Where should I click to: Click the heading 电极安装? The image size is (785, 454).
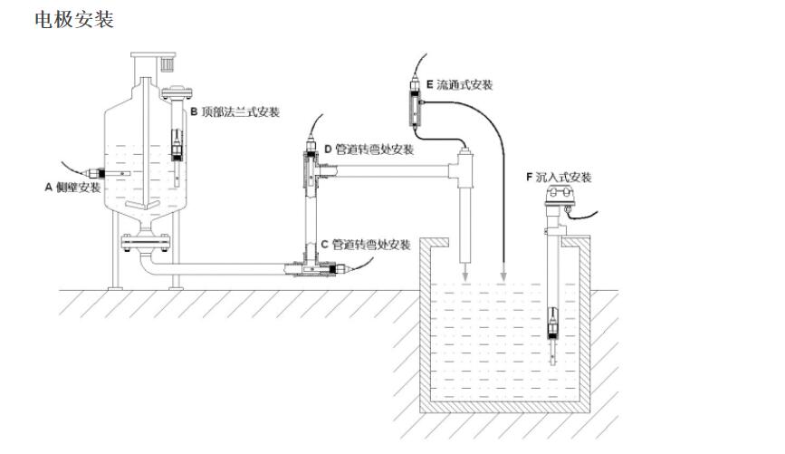[x=73, y=19]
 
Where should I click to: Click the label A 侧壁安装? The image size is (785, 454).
[x=73, y=188]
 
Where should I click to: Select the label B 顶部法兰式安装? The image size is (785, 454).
[x=234, y=111]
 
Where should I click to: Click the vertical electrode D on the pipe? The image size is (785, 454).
[x=308, y=167]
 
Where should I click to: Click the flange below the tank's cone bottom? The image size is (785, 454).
[x=145, y=241]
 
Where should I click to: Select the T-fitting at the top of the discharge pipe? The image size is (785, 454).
[x=465, y=168]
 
